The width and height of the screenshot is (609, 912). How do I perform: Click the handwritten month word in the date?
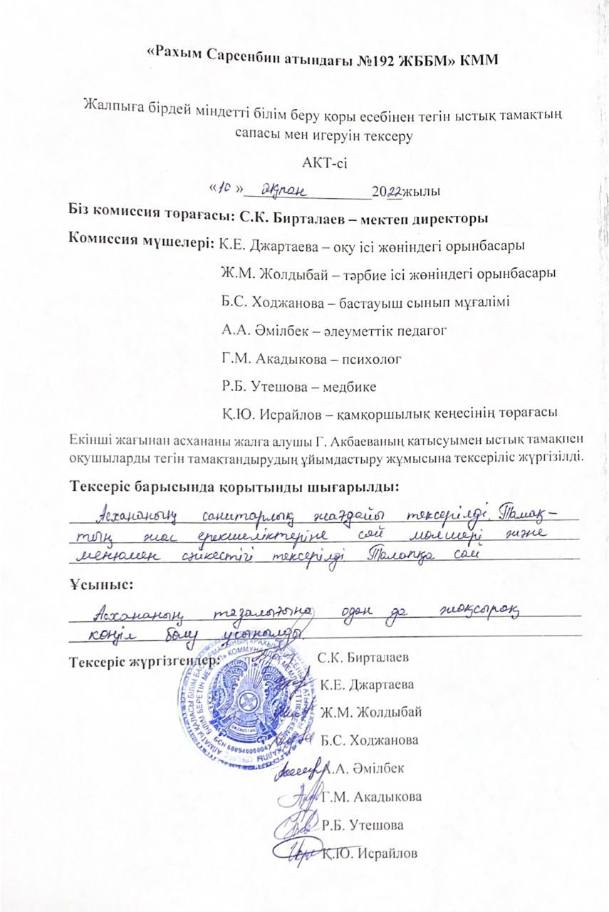click(284, 190)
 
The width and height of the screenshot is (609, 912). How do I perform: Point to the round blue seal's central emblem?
click(246, 705)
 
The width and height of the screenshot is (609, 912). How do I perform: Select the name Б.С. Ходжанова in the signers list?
click(370, 740)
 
